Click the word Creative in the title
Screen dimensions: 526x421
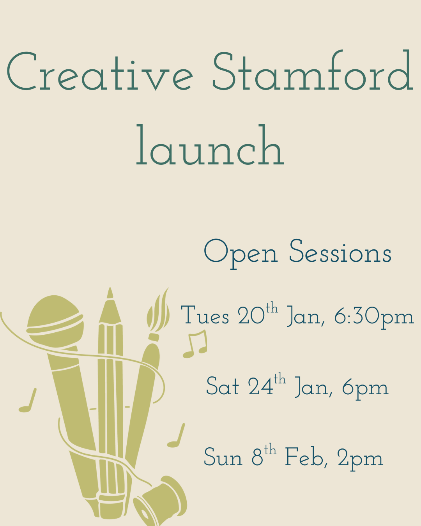[x=100, y=72]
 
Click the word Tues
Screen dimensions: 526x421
[x=205, y=315]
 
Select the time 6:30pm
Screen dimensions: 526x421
[x=374, y=317]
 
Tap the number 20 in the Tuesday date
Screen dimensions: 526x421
[x=251, y=316]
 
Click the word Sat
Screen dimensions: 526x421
[x=222, y=387]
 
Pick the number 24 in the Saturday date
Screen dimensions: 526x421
[x=260, y=387]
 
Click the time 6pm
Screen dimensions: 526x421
[x=365, y=388]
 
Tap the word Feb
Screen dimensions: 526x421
[x=304, y=457]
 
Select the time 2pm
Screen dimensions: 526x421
[x=360, y=459]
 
